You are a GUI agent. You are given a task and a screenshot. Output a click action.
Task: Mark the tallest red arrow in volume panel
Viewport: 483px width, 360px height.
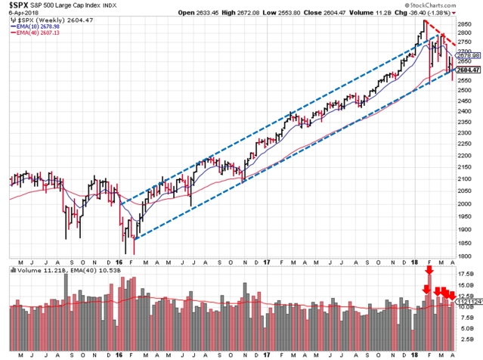tap(430, 269)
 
